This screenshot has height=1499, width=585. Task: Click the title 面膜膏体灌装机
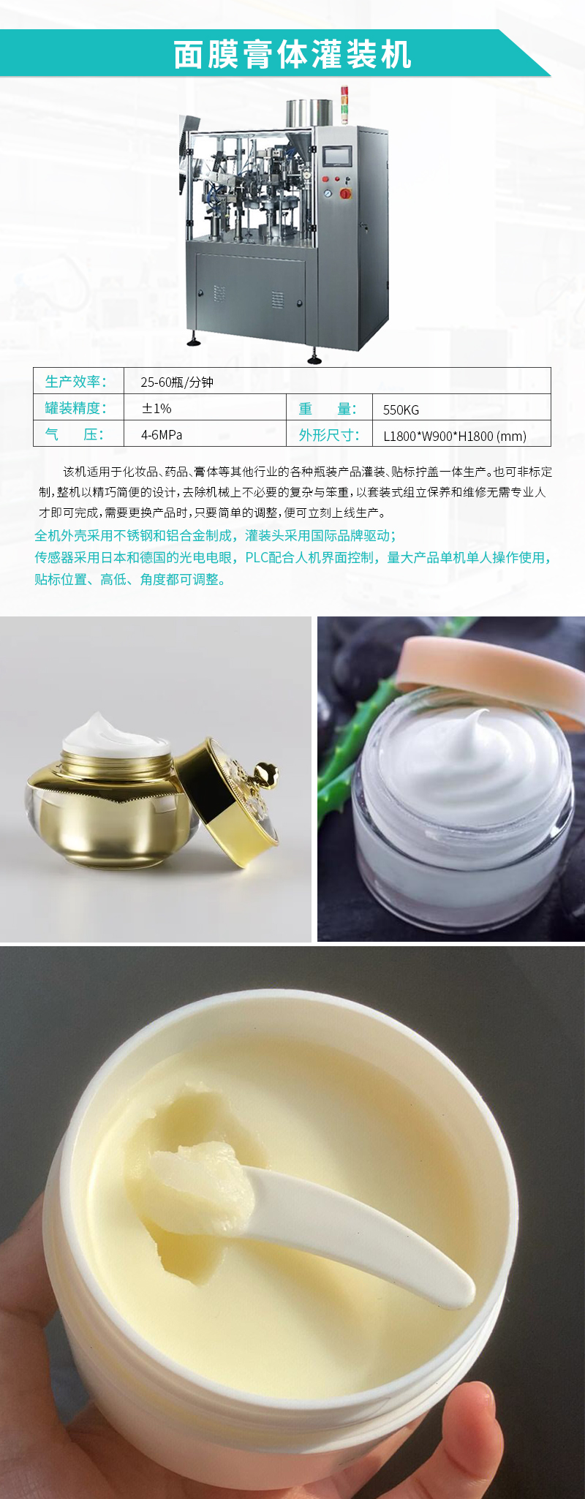(x=292, y=55)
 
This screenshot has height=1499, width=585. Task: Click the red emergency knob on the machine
(x=344, y=193)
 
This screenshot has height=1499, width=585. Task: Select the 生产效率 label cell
(x=76, y=382)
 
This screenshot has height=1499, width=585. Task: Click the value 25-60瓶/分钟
(x=177, y=382)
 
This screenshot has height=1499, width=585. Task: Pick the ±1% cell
(x=156, y=408)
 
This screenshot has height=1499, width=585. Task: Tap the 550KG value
(x=401, y=409)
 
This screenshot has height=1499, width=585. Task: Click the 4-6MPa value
(x=162, y=435)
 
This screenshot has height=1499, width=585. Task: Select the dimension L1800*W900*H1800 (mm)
(x=454, y=437)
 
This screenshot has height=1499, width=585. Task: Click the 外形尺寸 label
(x=328, y=435)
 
